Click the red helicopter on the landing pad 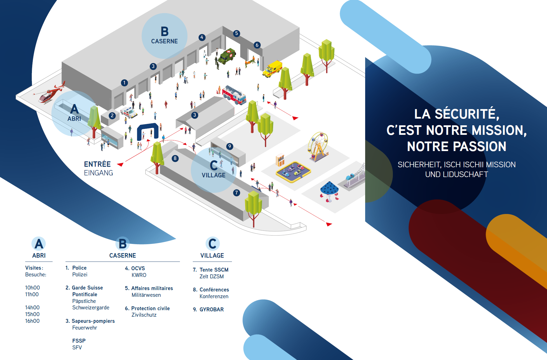pyautogui.click(x=50, y=93)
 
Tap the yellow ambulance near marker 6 pyautogui.click(x=272, y=69)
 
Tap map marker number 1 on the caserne pyautogui.click(x=125, y=83)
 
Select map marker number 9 pyautogui.click(x=230, y=146)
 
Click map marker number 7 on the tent pyautogui.click(x=237, y=193)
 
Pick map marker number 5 pyautogui.click(x=237, y=34)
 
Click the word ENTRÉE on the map pyautogui.click(x=97, y=164)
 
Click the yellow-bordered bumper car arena pyautogui.click(x=293, y=172)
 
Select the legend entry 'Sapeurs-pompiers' pyautogui.click(x=93, y=321)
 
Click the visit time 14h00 pyautogui.click(x=32, y=308)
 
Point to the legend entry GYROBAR pyautogui.click(x=212, y=310)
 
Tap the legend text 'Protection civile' pyautogui.click(x=151, y=309)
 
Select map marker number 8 pyautogui.click(x=175, y=159)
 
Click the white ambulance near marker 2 pyautogui.click(x=129, y=112)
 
